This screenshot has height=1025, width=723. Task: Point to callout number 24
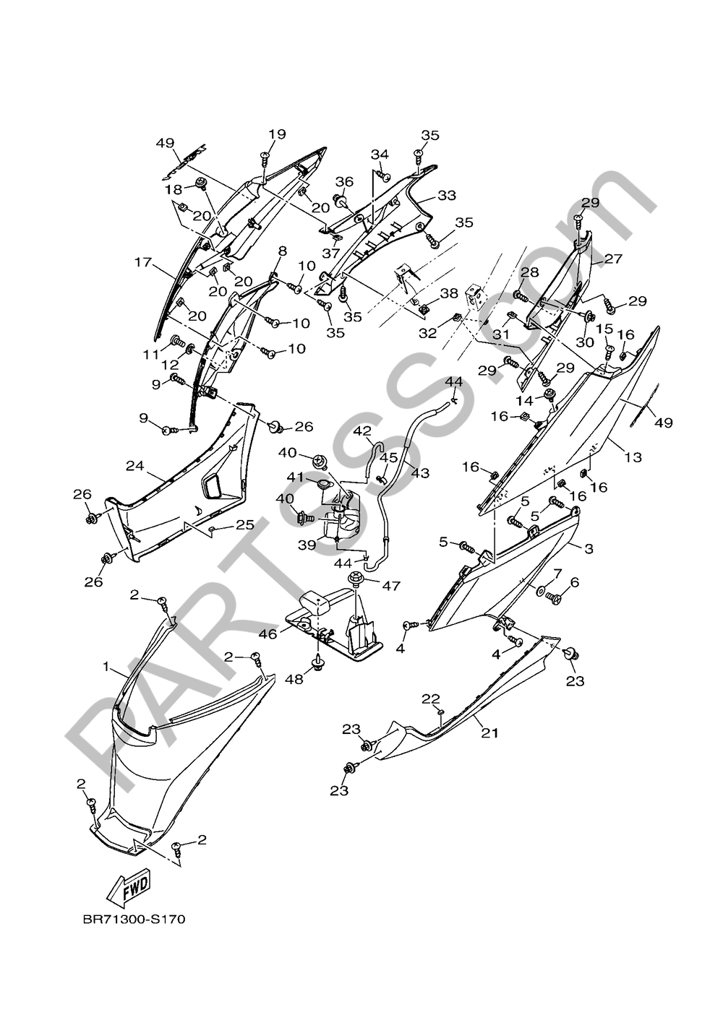(134, 466)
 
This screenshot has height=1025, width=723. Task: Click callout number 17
(142, 262)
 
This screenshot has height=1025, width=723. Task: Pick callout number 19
(278, 134)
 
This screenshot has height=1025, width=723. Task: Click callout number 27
(613, 259)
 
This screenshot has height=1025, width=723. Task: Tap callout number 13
(633, 457)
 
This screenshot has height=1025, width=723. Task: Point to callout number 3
(589, 549)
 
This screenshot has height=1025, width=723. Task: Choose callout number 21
(489, 732)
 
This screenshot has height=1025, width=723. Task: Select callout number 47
(391, 586)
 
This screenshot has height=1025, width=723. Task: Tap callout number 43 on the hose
(420, 473)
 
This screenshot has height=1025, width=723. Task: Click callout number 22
(431, 699)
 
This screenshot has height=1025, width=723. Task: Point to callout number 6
(575, 582)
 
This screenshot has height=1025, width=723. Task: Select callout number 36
(344, 181)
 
